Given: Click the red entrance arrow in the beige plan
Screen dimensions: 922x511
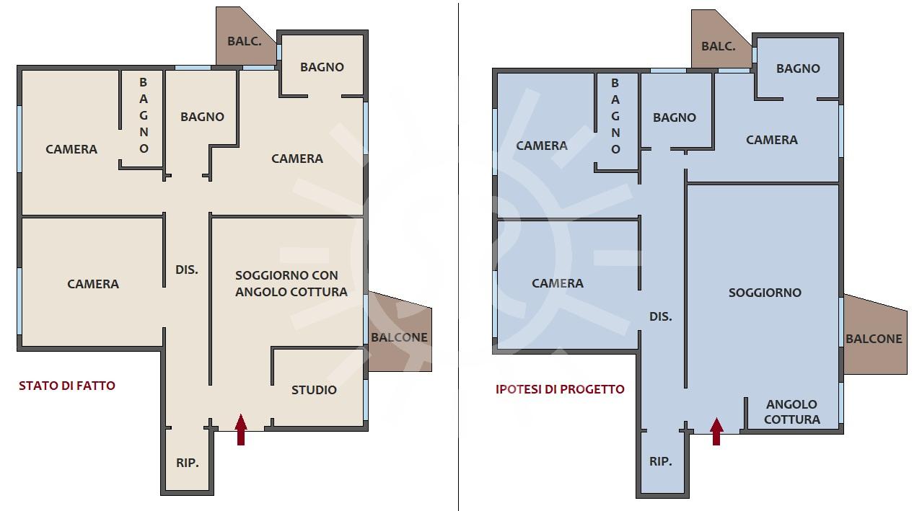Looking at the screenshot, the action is coord(241,430).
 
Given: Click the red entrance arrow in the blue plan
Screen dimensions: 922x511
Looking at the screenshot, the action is coord(716,431).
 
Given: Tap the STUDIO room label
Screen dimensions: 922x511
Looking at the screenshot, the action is coord(314,390).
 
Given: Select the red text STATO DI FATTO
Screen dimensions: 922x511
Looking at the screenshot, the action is coord(67,386).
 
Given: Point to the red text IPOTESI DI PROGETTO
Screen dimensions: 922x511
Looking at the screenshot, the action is coord(560,389).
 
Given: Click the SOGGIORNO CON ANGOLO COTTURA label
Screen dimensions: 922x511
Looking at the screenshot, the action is coord(291,284).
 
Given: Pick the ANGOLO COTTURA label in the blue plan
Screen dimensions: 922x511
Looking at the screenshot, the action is coord(792,412).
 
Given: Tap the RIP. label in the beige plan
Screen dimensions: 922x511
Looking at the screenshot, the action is coord(188,463).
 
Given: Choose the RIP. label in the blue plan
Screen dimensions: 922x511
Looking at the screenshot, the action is coord(661,462).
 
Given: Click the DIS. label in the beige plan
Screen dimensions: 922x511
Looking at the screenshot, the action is coord(186,270).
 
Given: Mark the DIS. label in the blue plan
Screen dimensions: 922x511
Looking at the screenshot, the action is coord(661,316).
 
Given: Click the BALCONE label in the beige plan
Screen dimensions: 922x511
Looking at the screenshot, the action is coord(399,337).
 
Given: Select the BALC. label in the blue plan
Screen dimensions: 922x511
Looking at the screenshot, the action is coord(719,46).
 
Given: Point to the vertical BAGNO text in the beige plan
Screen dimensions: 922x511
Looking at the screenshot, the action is coord(144,115).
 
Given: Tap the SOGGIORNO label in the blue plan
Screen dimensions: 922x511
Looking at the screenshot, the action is coord(765,293).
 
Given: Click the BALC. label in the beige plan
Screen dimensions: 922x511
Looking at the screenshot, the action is coord(245,41).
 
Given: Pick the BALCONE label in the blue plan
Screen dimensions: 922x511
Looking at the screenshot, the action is coord(874,339).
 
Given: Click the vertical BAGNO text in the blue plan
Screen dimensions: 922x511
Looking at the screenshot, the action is coord(615,116).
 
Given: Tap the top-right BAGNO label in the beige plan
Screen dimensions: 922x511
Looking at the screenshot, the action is coord(322,67).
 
